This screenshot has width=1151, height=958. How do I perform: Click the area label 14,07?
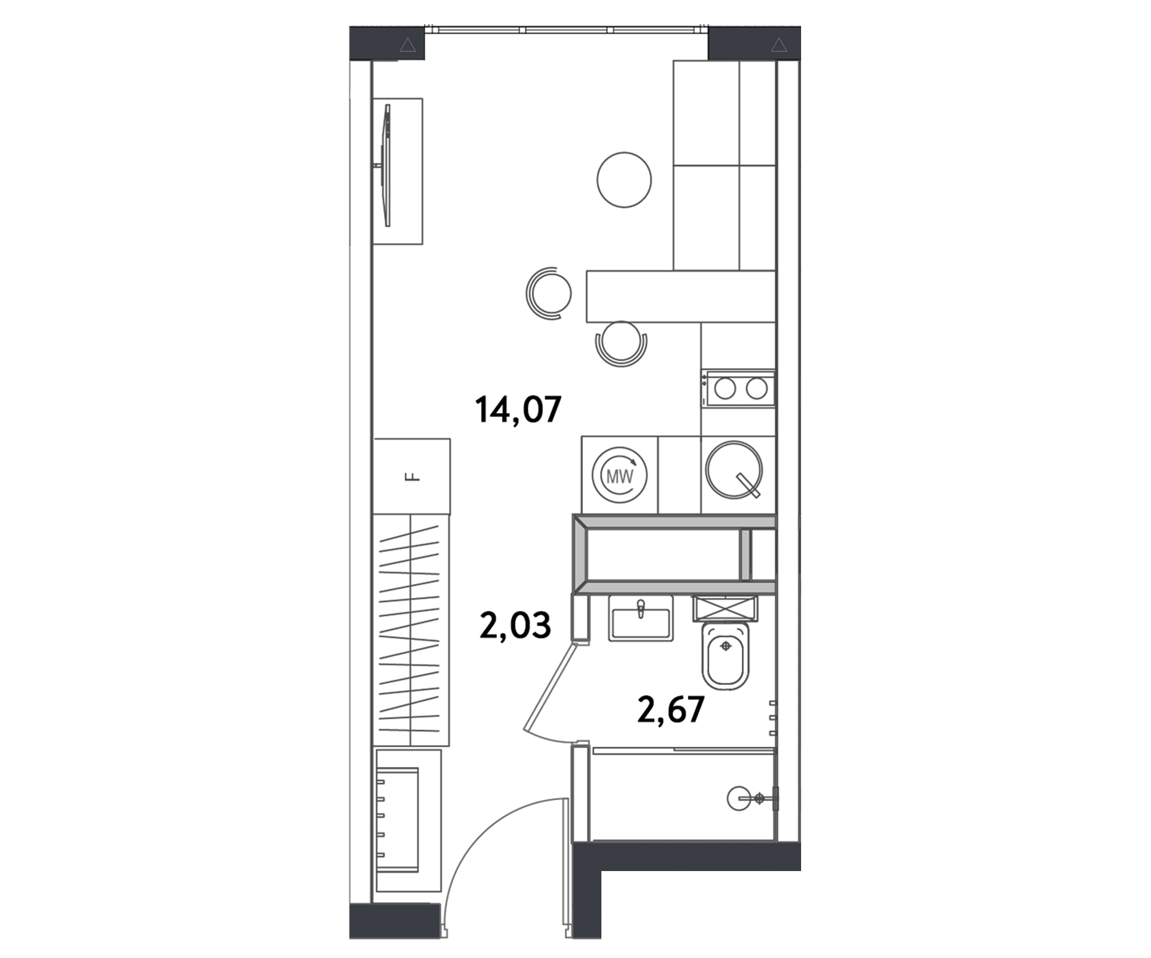(x=518, y=410)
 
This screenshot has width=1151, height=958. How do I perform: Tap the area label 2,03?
(x=514, y=626)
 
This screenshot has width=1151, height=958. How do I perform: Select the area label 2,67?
(x=670, y=709)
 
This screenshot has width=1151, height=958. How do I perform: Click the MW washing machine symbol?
(x=620, y=476)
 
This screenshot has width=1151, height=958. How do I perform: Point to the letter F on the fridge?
(x=412, y=477)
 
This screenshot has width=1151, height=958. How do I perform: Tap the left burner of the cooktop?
(x=725, y=389)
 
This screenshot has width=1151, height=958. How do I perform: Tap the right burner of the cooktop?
(x=756, y=389)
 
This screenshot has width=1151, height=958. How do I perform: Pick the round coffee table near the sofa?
(x=624, y=180)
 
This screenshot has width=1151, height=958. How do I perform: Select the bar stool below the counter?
(x=621, y=341)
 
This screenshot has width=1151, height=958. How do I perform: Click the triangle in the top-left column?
(x=407, y=45)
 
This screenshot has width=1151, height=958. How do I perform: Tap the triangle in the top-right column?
(x=779, y=45)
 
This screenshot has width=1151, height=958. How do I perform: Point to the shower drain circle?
(x=739, y=798)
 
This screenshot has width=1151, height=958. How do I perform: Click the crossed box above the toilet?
(x=725, y=608)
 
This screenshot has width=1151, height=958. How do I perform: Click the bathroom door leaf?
(x=550, y=688)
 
